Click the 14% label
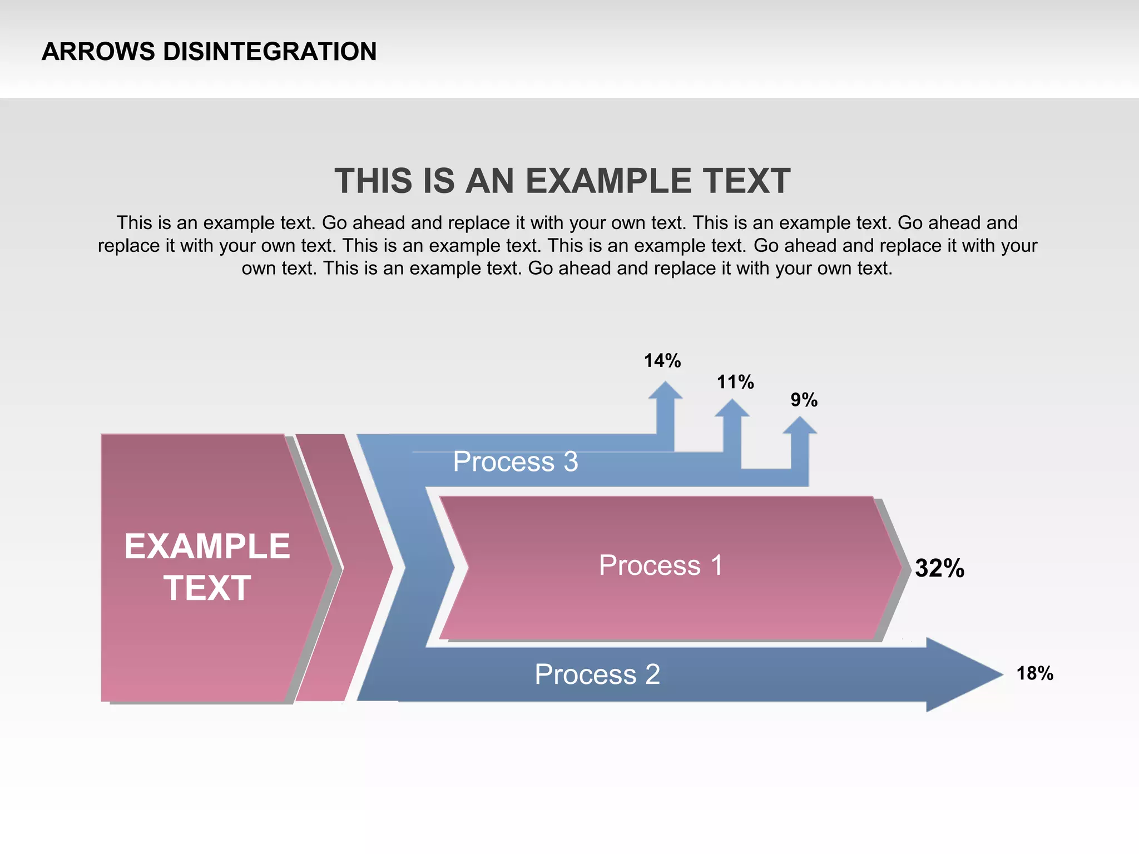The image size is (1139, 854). point(662,361)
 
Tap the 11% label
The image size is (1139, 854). point(735,382)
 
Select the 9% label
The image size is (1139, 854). point(804,400)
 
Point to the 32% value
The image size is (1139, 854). point(939,568)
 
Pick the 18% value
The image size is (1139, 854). point(1034,673)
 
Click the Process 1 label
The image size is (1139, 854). point(661,565)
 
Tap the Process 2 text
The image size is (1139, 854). point(597,674)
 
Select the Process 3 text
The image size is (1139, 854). point(515,461)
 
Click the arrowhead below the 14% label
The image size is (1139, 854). point(665,391)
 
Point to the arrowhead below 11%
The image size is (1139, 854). point(732,409)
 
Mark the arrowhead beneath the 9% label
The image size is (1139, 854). point(800,425)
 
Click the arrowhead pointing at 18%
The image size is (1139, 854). point(962,674)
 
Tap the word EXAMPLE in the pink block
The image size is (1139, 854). point(207,546)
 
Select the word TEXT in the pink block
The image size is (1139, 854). point(207,588)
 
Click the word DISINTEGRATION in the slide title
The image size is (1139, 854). point(270,52)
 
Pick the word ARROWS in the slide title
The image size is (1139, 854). point(98,52)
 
